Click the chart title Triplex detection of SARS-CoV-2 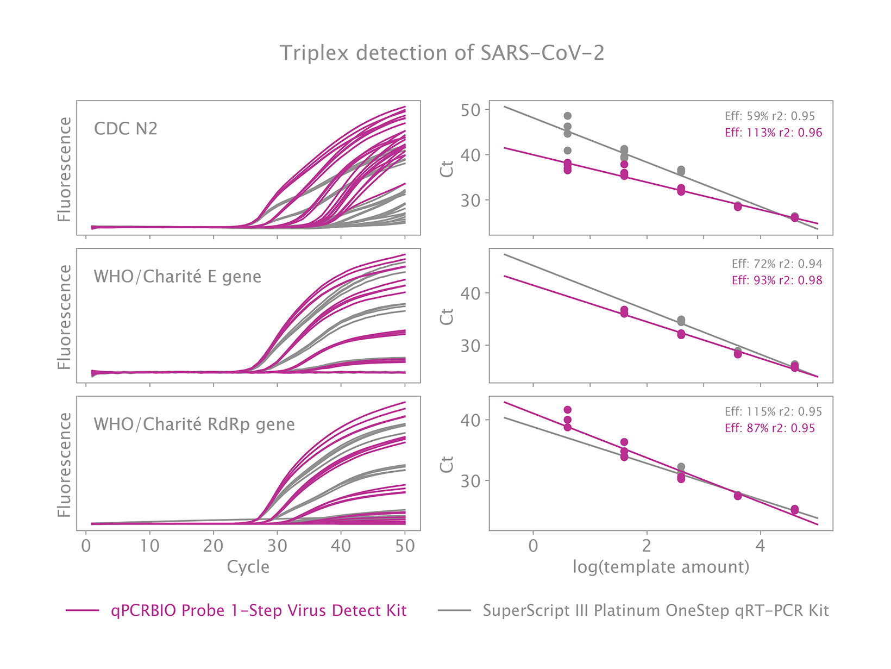click(x=442, y=53)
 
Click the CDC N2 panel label click(x=126, y=129)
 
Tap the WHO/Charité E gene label click(x=177, y=277)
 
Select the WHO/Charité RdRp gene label click(x=194, y=424)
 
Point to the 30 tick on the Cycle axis click(x=277, y=546)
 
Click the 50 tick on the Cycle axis click(x=405, y=546)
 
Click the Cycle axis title click(x=248, y=567)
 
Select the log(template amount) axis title click(x=661, y=567)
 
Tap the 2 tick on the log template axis click(x=647, y=546)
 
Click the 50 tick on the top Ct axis click(x=470, y=110)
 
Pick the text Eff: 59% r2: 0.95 click(x=769, y=116)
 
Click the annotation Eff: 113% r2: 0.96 click(x=773, y=133)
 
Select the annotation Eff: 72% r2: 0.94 click(x=776, y=264)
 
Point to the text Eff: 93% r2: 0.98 click(x=776, y=280)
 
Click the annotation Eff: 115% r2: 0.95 click(x=773, y=412)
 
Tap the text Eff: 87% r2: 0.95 click(x=769, y=428)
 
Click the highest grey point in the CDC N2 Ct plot click(x=567, y=116)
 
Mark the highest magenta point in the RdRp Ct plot click(x=567, y=410)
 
